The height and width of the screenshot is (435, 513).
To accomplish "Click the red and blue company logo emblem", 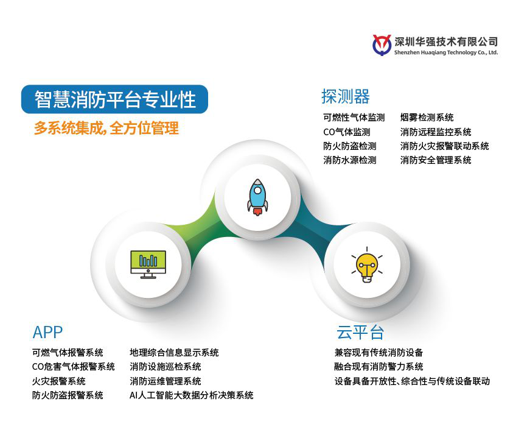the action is coord(382,45).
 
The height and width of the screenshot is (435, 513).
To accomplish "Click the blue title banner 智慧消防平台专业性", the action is coord(114,99).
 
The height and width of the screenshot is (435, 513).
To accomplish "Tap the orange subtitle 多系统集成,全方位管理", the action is coord(106,128).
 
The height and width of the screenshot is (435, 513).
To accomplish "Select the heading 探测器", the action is coord(346,96).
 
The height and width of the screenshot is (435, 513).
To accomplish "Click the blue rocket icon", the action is coord(257,197).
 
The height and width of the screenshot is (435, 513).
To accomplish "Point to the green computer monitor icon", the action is coord(148,264).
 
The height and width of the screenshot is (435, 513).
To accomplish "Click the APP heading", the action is coord(47,332).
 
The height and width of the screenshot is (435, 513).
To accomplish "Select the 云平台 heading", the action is coord(360,332).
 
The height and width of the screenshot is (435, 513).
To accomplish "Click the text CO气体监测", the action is coord(347,132).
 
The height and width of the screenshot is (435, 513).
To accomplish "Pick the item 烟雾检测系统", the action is coord(427,118).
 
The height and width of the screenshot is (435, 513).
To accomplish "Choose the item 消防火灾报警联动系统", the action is coord(445,146).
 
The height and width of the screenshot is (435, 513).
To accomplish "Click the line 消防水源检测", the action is coord(350,160).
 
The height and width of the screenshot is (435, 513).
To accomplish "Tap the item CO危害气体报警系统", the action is coord(73,367).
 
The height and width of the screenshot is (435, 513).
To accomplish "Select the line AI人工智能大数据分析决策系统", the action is coord(192,395).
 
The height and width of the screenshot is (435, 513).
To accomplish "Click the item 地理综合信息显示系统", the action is coord(174,353).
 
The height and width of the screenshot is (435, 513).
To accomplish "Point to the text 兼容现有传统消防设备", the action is coord(379,353).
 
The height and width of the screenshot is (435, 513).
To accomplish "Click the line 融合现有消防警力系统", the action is coord(379,367).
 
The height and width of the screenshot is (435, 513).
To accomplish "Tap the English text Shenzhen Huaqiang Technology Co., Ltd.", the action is coord(446,52).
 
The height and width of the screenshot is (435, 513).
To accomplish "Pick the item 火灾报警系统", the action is coord(59,381).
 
